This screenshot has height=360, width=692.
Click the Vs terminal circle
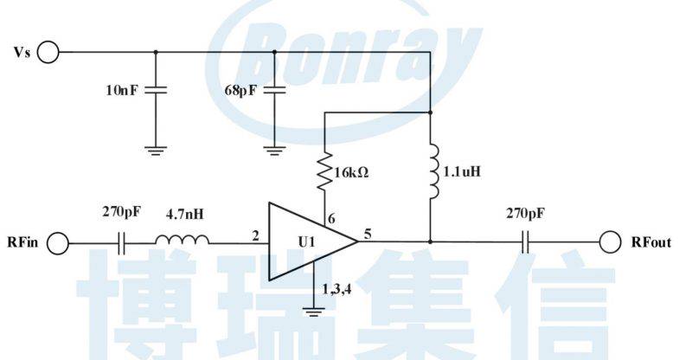pyautogui.click(x=48, y=53)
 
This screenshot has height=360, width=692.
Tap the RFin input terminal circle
pyautogui.click(x=58, y=243)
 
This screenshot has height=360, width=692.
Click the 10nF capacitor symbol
pyautogui.click(x=156, y=89)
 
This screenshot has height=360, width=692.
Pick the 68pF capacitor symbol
pyautogui.click(x=274, y=89)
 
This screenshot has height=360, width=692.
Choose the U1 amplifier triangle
pyautogui.click(x=307, y=242)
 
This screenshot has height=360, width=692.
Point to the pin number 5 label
pyautogui.click(x=368, y=232)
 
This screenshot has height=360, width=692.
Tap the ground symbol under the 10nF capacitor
pyautogui.click(x=156, y=148)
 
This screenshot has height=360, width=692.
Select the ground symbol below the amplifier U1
pyautogui.click(x=314, y=309)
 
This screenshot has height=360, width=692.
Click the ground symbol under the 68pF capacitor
pyautogui.click(x=274, y=148)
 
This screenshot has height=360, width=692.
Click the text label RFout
pyautogui.click(x=651, y=243)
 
